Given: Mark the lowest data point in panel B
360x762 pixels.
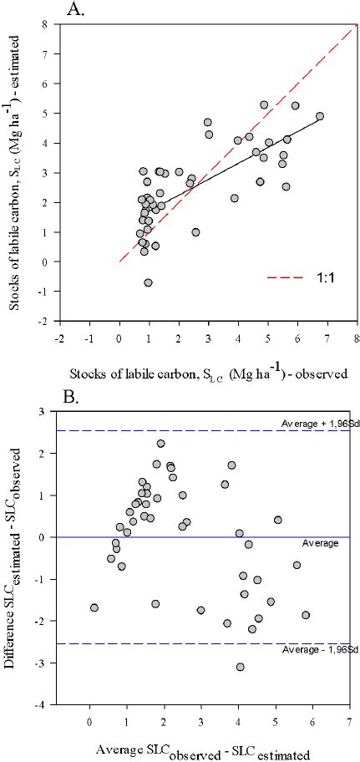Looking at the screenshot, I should pyautogui.click(x=241, y=667).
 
